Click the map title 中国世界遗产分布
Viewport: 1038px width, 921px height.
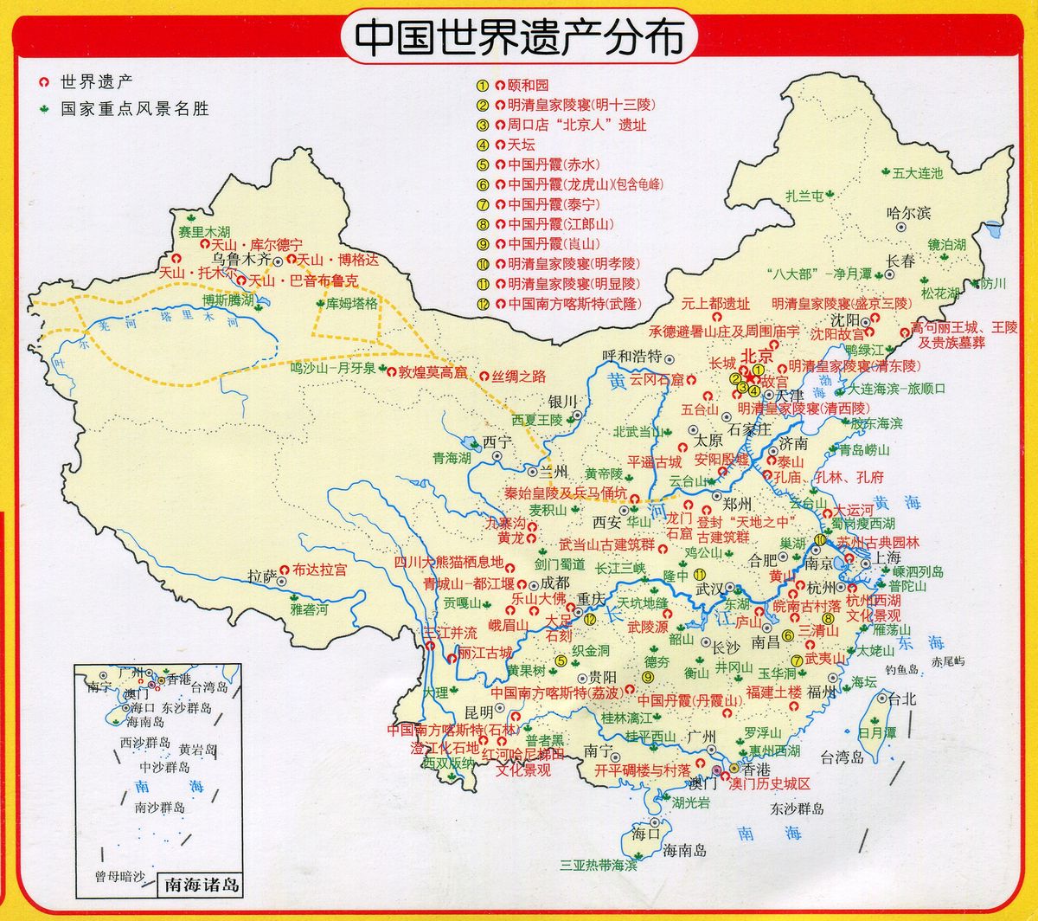point(517,37)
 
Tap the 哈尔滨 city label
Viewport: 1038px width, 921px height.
point(908,212)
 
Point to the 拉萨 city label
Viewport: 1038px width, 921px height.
point(261,575)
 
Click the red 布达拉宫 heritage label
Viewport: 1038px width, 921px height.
point(320,570)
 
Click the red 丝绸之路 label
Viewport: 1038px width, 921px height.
point(520,376)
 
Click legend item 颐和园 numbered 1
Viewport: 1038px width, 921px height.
point(528,86)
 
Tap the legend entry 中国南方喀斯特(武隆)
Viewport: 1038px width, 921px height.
point(565,304)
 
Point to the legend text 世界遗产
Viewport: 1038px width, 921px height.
point(95,84)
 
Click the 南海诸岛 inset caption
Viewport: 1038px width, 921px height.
point(201,886)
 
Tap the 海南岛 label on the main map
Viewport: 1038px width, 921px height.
point(684,850)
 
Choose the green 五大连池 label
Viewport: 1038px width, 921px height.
point(918,173)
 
